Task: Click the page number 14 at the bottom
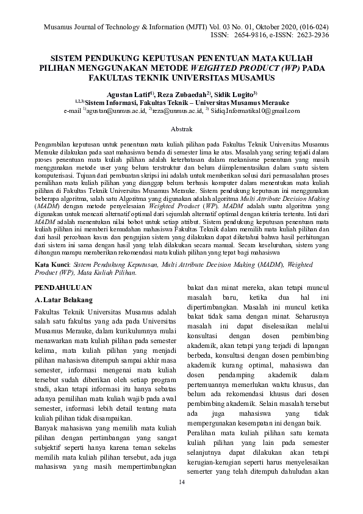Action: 181,483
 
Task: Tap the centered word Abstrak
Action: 181,130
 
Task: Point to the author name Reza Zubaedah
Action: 182,95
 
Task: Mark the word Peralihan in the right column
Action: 206,432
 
